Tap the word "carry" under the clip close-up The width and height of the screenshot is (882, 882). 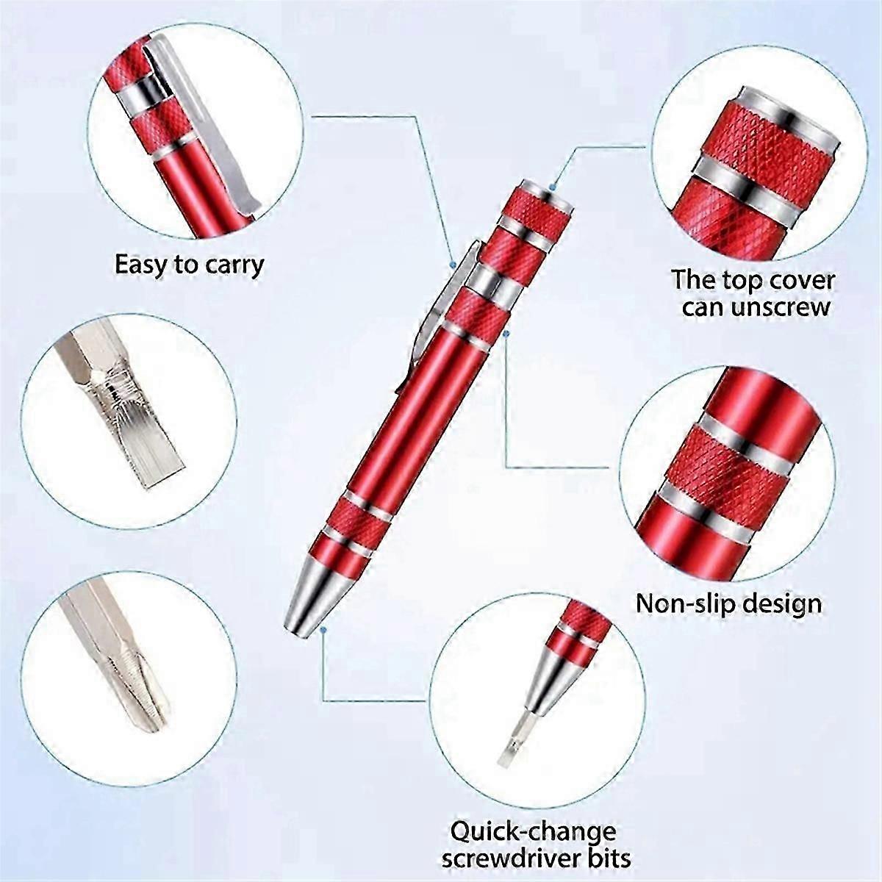(x=234, y=266)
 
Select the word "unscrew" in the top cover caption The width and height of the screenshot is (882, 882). (x=778, y=307)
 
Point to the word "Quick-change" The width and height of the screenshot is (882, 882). (x=534, y=819)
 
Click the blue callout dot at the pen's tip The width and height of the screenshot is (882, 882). (x=323, y=630)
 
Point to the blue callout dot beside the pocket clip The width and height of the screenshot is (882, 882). (x=453, y=265)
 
